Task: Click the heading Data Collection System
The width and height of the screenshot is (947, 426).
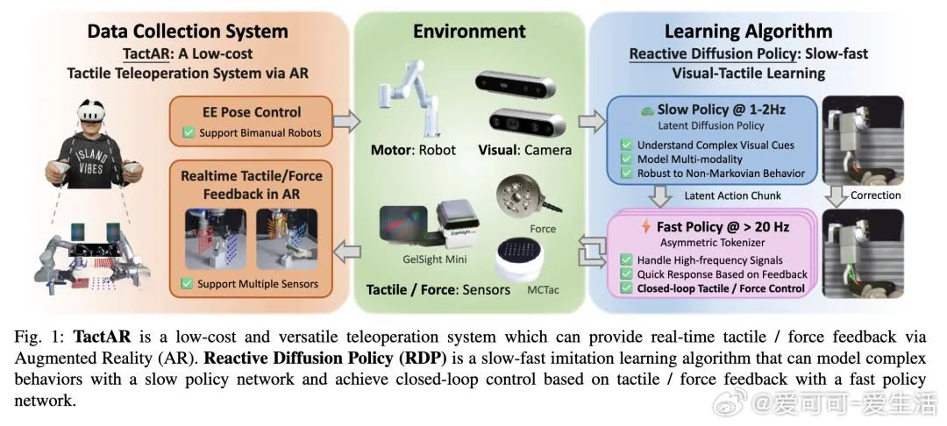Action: tap(188, 32)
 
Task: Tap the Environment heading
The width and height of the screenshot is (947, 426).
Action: tap(468, 32)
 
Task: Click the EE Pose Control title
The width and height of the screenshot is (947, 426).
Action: tap(251, 111)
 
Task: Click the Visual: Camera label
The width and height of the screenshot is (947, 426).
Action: tap(524, 149)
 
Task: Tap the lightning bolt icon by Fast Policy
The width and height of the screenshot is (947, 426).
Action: tap(645, 227)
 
